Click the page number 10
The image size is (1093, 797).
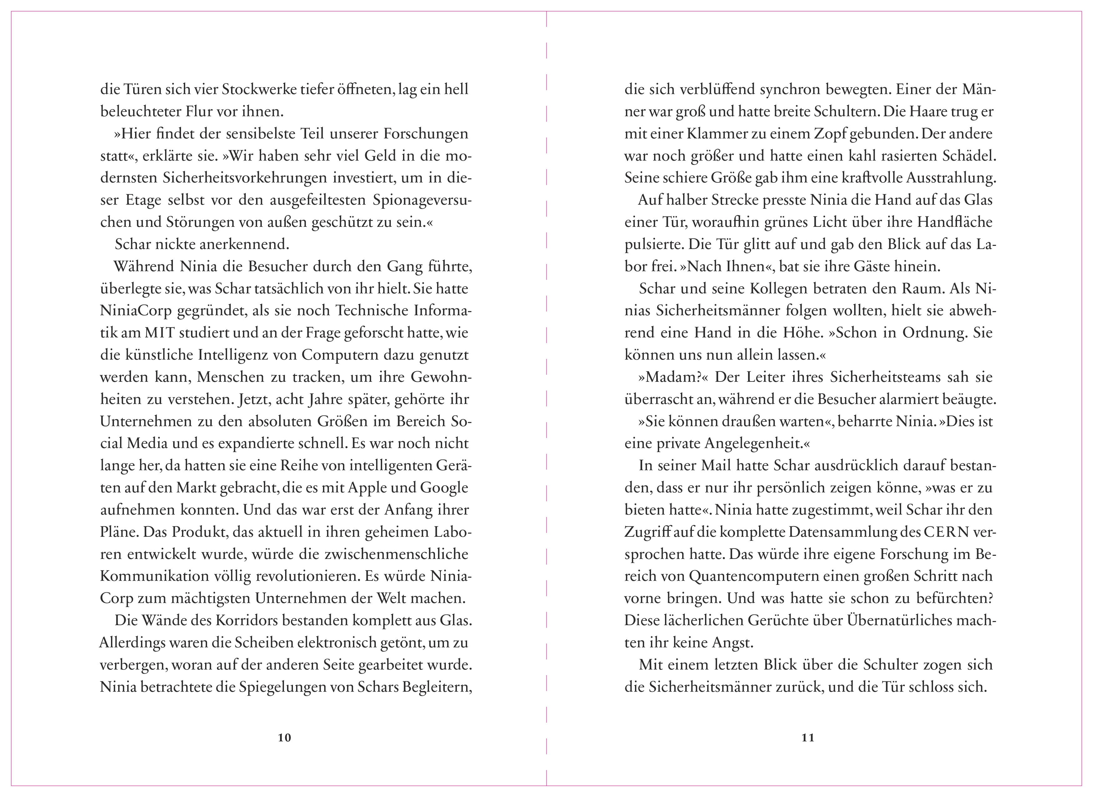click(x=285, y=738)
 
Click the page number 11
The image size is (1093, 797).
click(x=808, y=738)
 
